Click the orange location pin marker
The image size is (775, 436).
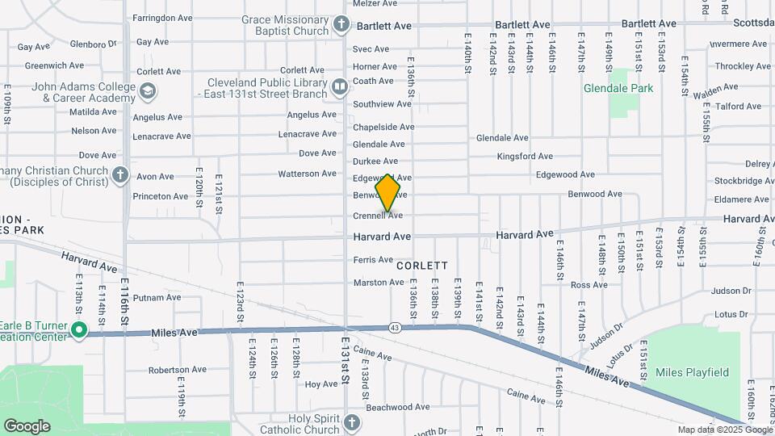pos(388,193)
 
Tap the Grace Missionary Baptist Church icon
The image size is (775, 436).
pos(341,24)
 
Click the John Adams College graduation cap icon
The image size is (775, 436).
pos(147,92)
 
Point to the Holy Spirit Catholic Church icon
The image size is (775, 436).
pos(351,422)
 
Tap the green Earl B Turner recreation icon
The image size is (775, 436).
pos(79,329)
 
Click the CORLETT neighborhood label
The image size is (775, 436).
pos(421,265)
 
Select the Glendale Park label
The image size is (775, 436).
pos(618,89)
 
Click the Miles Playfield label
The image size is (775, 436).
pos(692,372)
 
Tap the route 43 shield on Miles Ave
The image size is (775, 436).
pos(395,327)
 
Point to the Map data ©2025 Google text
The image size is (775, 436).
pos(724,430)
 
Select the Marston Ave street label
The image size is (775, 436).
pos(379,282)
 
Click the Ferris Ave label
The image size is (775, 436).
pos(373,259)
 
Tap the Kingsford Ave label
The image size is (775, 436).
pos(525,156)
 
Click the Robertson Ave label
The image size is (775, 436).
pos(177,370)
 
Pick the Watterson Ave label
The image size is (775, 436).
pos(307,174)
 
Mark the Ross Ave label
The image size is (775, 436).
pos(589,285)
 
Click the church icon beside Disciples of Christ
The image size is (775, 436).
pos(120,174)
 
